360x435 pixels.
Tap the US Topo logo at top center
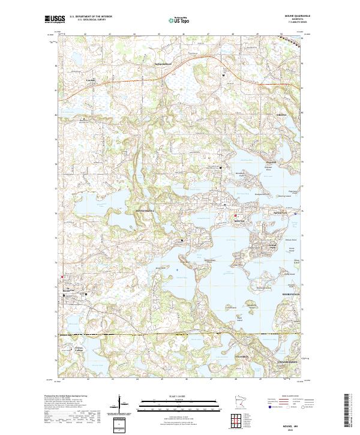pos(172,20)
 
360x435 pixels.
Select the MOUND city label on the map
pos(239,221)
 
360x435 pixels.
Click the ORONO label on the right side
pos(281,115)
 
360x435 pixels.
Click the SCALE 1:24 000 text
pos(179,395)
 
